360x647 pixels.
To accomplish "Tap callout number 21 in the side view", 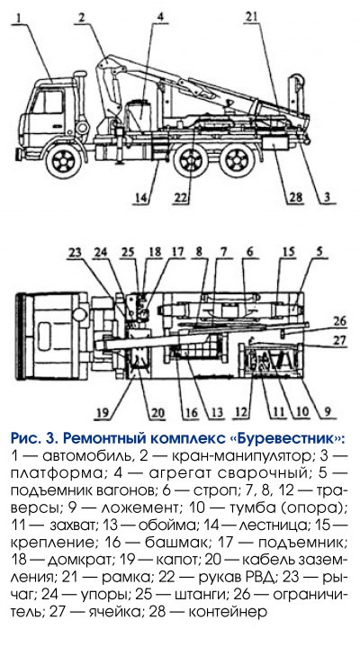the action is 251,16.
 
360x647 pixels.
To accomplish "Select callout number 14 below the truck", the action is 140,198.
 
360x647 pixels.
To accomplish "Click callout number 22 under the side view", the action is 182,199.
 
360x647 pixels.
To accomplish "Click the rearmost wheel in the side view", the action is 237,159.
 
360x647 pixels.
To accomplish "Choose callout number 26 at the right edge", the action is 340,321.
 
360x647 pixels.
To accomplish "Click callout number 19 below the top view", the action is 104,413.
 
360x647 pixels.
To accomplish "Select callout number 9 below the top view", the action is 327,412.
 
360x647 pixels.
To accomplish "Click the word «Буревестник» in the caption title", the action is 285,438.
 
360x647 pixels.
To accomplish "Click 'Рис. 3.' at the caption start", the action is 34,438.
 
